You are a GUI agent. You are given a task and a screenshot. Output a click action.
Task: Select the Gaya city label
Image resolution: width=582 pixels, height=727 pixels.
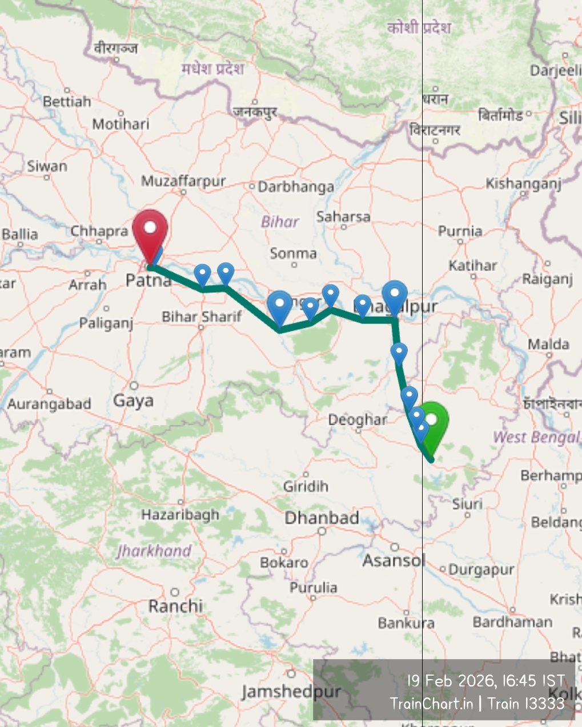133,401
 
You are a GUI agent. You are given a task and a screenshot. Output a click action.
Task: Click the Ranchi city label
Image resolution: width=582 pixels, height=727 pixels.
175,605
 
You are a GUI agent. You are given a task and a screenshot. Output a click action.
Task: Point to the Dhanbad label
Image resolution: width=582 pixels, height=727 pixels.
322,518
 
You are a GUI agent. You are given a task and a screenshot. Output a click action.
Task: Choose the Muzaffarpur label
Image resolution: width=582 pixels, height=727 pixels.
183,181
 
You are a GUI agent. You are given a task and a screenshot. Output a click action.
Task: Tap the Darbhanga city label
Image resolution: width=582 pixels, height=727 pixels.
295,187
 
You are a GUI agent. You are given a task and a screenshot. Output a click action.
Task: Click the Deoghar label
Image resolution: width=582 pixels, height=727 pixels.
358,420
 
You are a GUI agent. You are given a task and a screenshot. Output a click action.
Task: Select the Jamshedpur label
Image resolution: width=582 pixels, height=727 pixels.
291,692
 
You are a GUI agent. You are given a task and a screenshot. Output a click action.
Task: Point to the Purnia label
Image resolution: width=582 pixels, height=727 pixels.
460,231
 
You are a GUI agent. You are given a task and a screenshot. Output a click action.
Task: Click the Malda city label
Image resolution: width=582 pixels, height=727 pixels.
548,344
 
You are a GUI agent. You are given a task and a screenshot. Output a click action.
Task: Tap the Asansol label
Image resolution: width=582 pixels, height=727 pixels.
394,560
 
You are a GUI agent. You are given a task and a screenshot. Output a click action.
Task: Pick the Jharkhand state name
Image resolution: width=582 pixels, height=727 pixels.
154,551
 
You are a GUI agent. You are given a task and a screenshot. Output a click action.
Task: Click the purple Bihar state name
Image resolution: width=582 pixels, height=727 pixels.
280,221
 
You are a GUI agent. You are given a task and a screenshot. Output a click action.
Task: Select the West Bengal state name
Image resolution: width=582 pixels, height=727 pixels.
536,438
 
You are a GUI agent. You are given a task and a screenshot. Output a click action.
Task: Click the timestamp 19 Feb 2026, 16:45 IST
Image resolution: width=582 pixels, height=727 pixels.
485,681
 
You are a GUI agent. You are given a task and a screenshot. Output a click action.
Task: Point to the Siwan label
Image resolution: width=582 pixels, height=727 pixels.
47,167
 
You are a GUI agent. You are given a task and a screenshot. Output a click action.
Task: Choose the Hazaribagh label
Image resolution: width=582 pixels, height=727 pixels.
180,515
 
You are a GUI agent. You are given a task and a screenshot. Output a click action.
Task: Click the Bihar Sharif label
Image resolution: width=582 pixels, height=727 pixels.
201,317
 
